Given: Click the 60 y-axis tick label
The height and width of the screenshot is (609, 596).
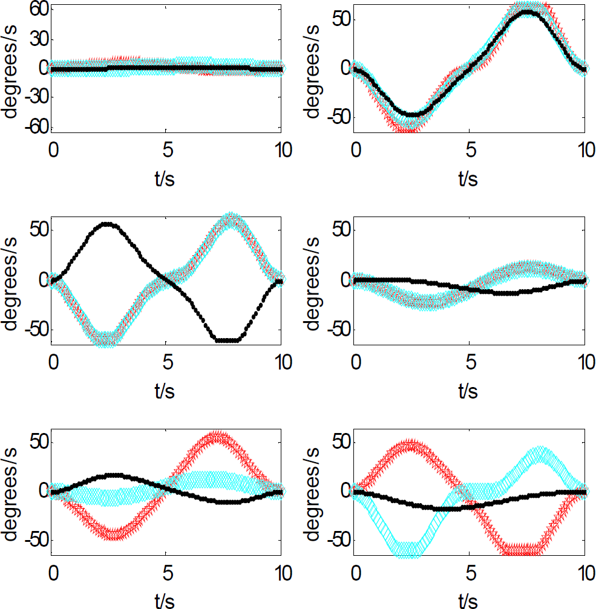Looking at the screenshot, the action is (39, 8).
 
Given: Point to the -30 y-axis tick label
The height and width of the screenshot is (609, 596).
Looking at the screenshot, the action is (37, 97).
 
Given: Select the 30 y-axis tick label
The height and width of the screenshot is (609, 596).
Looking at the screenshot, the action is (39, 39).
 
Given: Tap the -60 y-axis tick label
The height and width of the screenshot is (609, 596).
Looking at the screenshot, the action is (37, 126).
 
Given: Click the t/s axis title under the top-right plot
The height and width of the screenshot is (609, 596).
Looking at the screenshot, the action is (468, 179).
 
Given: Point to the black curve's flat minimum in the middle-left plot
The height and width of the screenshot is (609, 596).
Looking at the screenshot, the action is (228, 340).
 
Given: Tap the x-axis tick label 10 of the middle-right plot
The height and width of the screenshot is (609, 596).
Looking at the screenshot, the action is (586, 362).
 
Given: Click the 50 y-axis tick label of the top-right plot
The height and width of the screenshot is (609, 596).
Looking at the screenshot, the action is (342, 19).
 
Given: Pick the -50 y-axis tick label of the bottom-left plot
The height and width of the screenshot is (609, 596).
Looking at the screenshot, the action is (37, 540).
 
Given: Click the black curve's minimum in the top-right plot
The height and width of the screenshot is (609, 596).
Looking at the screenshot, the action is (413, 114).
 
